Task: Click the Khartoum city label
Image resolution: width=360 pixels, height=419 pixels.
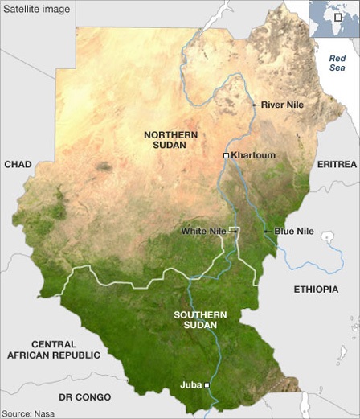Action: [x=254, y=154]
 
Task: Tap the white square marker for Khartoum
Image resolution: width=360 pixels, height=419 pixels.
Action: [x=227, y=154]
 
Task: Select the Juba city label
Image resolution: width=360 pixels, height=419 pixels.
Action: [x=191, y=386]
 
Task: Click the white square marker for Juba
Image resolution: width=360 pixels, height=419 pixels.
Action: [x=207, y=386]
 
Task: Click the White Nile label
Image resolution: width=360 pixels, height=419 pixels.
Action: [x=202, y=231]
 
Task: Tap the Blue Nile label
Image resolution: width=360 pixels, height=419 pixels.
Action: [x=294, y=231]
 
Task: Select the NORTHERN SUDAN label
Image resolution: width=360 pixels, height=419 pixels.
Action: [x=165, y=139]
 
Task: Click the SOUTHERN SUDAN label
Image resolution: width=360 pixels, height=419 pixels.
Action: [x=200, y=319]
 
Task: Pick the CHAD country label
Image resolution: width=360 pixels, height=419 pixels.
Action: [x=18, y=164]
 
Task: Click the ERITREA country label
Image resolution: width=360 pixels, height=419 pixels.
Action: [x=337, y=164]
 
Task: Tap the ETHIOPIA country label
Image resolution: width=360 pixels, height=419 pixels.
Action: [x=316, y=288]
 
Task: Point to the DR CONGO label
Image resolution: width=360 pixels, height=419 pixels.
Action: [x=84, y=397]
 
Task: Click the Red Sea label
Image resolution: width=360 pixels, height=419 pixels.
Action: [x=337, y=64]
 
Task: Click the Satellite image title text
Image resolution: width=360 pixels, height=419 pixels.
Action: [x=36, y=10]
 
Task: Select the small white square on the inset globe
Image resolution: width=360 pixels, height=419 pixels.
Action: [x=338, y=17]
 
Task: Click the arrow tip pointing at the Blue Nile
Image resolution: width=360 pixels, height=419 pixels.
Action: [x=265, y=232]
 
